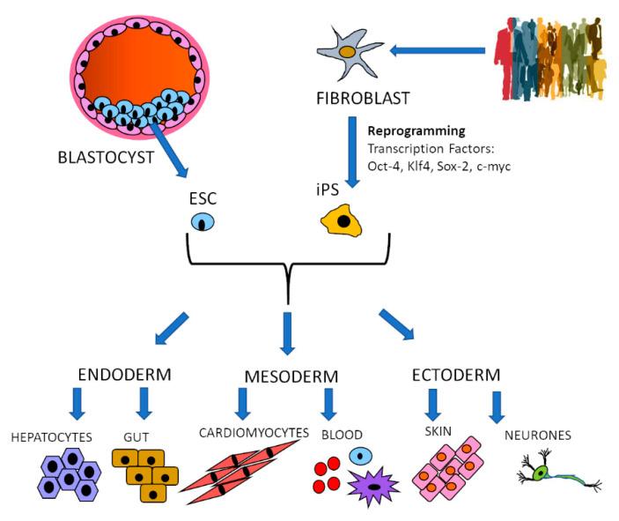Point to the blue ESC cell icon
(204, 220)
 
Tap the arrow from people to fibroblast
(437, 51)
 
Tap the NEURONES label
(536, 435)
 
